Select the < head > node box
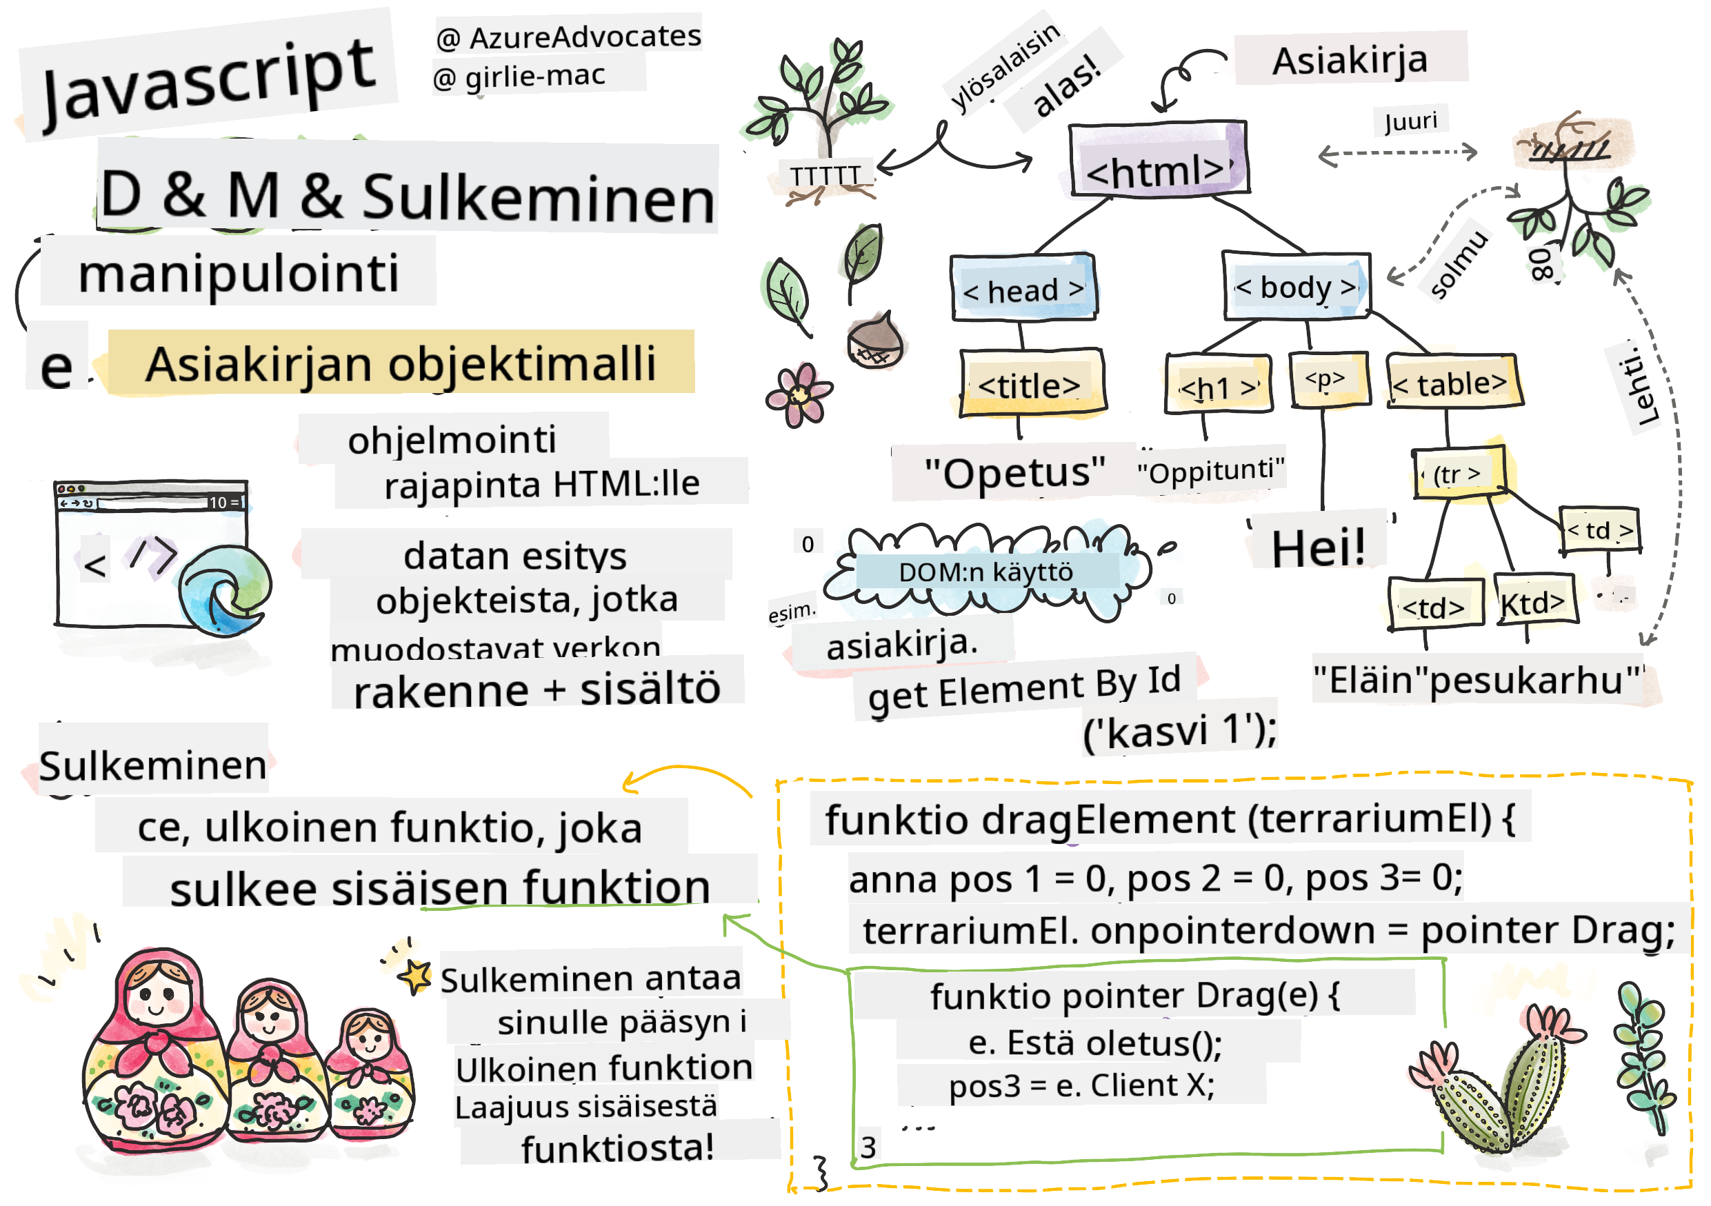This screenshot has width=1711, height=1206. point(1023,288)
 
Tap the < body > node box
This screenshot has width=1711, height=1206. point(1295,286)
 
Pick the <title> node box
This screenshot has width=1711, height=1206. point(1030,383)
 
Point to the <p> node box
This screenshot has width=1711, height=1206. point(1328,380)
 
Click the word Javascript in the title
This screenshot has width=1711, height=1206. point(209,81)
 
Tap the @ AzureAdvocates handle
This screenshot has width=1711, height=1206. point(568,36)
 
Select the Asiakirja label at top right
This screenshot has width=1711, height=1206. point(1350,59)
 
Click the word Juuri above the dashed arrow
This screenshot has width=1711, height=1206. point(1410,121)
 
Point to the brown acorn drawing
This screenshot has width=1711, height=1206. point(876,341)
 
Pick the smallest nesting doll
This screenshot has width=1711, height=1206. point(369,1073)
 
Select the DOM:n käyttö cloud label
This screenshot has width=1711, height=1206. point(985,572)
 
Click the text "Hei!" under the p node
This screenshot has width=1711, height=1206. point(1317,547)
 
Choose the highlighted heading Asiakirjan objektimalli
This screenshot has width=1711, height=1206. point(400,363)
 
